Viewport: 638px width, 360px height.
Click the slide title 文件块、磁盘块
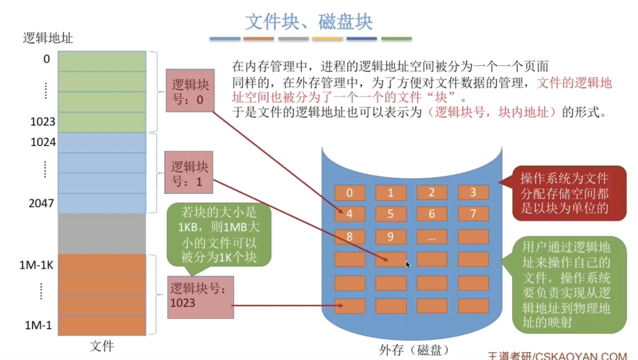[309, 22]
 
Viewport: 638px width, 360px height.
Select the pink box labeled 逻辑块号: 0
[190, 90]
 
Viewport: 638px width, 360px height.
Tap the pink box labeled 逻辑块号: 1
[189, 172]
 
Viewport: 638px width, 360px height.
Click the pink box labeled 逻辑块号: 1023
[201, 297]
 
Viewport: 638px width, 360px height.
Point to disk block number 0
[350, 193]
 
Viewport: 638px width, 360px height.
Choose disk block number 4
[350, 214]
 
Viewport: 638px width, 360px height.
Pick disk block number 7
[473, 214]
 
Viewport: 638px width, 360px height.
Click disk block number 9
[391, 237]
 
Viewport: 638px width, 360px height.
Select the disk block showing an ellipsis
[432, 237]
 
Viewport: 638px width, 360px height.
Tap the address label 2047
[41, 203]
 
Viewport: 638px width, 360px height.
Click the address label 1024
[43, 142]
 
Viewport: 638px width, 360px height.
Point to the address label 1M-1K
[36, 265]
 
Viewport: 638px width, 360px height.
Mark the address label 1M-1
[39, 325]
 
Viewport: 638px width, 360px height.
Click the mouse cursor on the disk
[408, 265]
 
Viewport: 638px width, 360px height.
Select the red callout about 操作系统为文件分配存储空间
[565, 193]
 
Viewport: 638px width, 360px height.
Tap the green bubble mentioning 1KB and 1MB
[219, 235]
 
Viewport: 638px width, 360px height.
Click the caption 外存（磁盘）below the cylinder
[414, 350]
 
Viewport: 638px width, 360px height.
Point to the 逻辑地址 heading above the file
[48, 38]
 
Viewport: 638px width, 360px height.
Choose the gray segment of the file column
[102, 234]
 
